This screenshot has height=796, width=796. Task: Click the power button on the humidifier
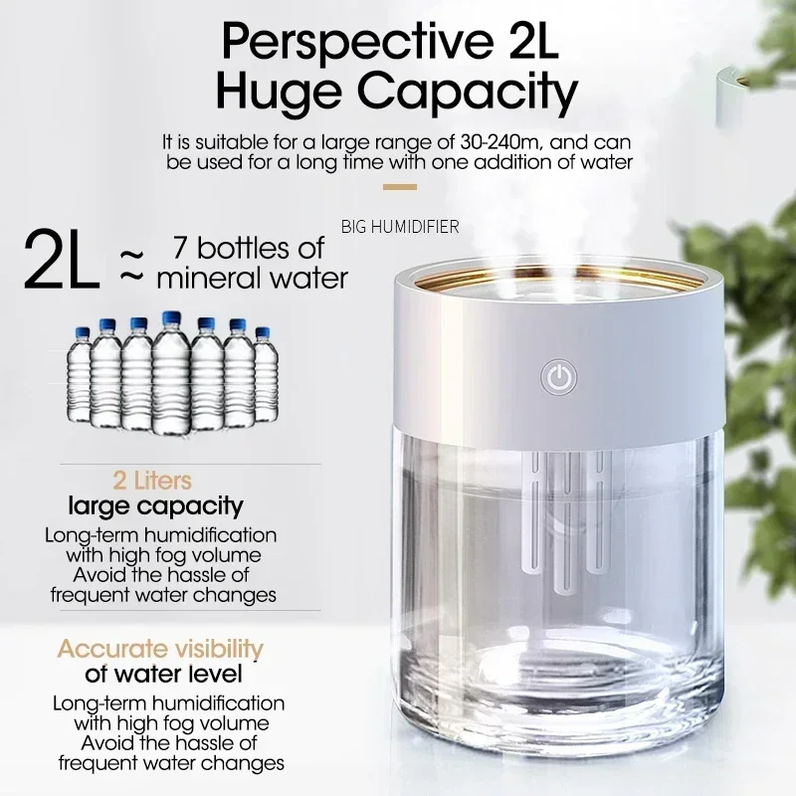tap(558, 377)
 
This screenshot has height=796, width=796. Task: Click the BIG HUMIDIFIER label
tap(400, 227)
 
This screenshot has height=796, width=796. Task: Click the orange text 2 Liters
tap(153, 482)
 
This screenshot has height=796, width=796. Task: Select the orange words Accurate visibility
tap(160, 650)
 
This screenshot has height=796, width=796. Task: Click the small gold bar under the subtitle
tap(399, 186)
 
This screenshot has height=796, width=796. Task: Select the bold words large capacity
tap(155, 506)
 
